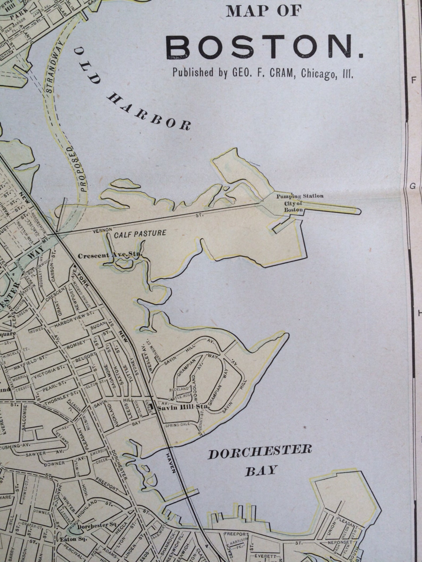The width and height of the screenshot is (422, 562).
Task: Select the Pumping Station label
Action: click(x=300, y=196)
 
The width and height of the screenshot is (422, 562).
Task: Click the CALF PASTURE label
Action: click(x=140, y=234)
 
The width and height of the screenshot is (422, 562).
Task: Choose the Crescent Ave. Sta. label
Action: click(x=110, y=255)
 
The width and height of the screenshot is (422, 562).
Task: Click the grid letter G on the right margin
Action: click(x=413, y=186)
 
